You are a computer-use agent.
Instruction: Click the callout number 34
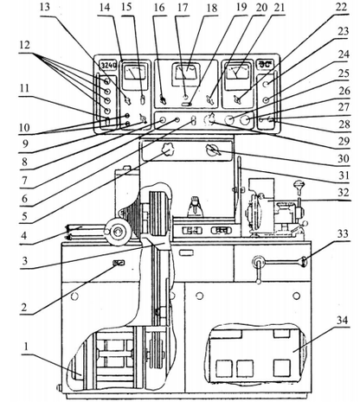[342, 321]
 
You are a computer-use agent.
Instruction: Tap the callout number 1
[26, 347]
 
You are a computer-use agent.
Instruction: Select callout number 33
[343, 233]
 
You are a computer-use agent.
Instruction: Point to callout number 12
[25, 45]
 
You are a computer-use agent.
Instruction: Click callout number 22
[341, 7]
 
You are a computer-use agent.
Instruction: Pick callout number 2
[24, 308]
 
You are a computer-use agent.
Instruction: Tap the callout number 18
[212, 8]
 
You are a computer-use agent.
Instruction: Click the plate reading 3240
[108, 66]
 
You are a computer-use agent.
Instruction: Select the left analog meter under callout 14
[134, 73]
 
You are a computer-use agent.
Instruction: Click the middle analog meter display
[186, 72]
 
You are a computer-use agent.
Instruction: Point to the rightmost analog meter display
[238, 72]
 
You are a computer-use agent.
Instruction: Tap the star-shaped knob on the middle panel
[167, 150]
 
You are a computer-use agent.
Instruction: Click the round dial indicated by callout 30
[214, 150]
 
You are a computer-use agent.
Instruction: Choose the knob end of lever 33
[304, 262]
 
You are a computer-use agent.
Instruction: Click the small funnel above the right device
[299, 185]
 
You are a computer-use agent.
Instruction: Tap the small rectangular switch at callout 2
[119, 263]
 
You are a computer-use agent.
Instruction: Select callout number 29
[344, 141]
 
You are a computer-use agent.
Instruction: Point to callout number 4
[24, 235]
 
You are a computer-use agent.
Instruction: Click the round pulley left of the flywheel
[117, 232]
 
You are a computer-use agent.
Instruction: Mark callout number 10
[24, 127]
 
